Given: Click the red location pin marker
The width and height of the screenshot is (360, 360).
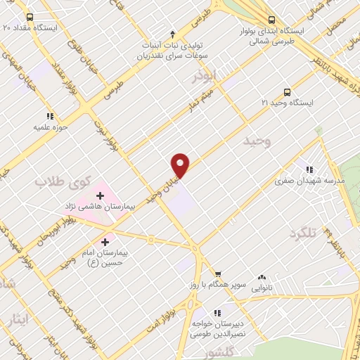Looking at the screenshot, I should (181, 165).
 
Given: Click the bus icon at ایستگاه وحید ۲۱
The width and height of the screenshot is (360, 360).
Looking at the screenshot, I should (286, 92).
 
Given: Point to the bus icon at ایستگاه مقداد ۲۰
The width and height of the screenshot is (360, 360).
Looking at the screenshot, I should (29, 17).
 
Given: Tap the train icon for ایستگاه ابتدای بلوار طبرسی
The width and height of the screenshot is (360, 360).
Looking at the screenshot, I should (271, 20).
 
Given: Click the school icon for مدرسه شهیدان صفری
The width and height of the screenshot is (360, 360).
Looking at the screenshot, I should (308, 169).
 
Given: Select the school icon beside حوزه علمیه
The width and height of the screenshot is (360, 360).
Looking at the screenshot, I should (49, 116).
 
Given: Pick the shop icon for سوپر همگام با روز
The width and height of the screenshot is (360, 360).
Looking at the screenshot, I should (218, 275).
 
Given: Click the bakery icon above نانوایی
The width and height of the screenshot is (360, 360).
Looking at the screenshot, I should (262, 278).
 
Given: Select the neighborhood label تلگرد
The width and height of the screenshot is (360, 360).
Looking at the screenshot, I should (304, 232).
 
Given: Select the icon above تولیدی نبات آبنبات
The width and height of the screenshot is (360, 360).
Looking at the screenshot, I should (173, 33).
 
